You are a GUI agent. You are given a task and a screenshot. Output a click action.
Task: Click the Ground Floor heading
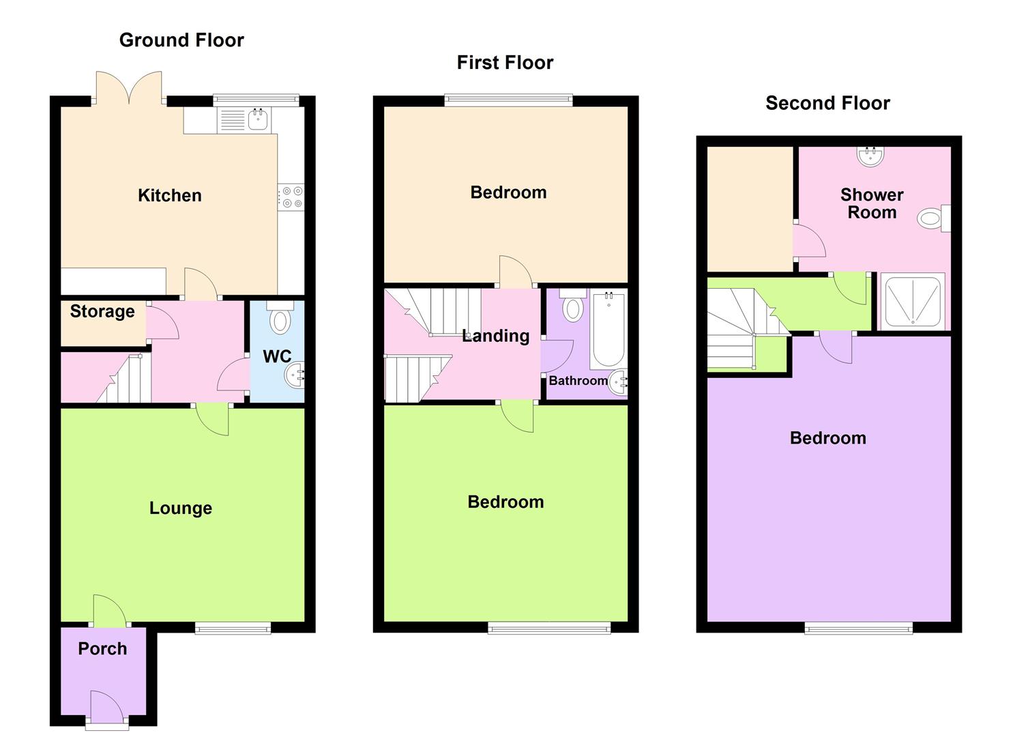click(181, 40)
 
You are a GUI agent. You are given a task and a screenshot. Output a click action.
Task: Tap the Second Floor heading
click(827, 103)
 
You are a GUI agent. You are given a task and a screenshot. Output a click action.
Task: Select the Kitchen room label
click(170, 196)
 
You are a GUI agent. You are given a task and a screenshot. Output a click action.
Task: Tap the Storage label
click(102, 312)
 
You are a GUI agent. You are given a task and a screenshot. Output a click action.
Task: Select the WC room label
click(277, 356)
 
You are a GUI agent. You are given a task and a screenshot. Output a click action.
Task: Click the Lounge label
click(181, 508)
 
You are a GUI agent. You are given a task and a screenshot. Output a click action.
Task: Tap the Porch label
click(102, 649)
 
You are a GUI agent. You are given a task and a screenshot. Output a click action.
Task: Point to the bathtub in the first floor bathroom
click(607, 330)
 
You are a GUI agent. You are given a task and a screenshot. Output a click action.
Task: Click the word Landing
click(496, 336)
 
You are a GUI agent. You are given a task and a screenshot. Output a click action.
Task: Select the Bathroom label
click(578, 381)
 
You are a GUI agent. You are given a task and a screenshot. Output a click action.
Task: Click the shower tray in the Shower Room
click(912, 301)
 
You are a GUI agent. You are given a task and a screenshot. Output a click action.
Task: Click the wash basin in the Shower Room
click(870, 156)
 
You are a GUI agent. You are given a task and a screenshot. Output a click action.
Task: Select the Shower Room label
click(872, 203)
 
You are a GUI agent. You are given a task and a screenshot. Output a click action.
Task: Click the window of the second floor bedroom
click(858, 628)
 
